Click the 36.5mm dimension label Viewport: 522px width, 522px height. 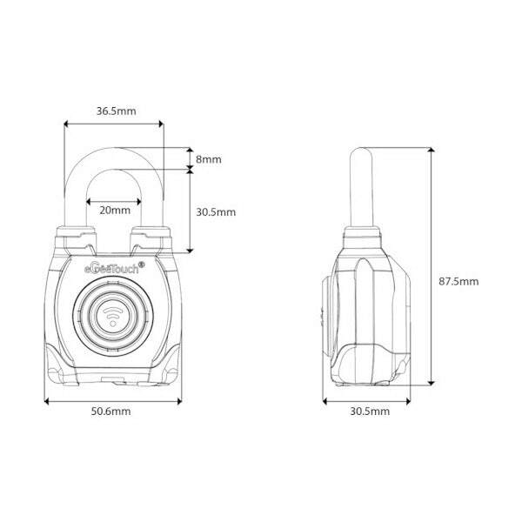(114, 110)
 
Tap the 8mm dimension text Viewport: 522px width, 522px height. (209, 159)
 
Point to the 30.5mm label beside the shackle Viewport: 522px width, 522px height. (216, 211)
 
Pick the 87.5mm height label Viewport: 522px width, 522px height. (458, 281)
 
